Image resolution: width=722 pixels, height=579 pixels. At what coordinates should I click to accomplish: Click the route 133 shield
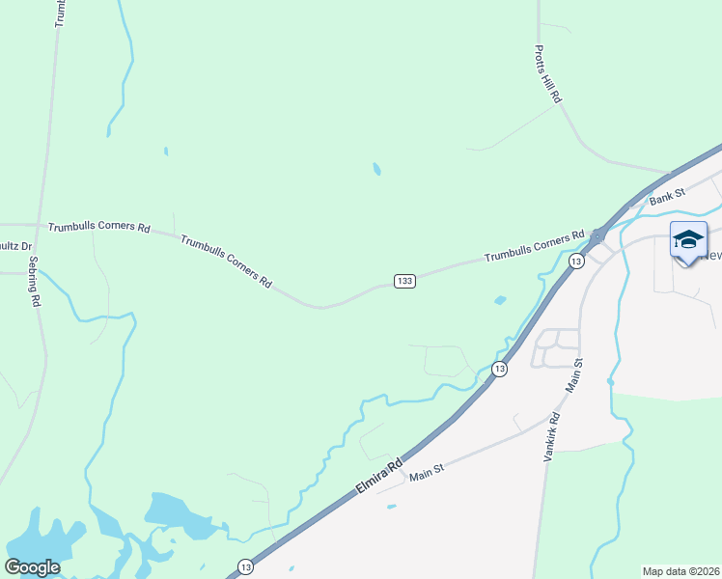[404, 281]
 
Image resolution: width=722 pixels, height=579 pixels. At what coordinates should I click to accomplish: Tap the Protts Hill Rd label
[549, 74]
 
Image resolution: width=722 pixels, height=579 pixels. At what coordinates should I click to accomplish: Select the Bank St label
[666, 198]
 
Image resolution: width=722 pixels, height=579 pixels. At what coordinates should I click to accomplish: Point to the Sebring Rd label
[34, 282]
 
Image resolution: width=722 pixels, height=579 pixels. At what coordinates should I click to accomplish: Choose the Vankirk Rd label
[553, 435]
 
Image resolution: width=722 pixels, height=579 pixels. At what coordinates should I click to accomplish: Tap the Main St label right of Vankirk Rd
[578, 374]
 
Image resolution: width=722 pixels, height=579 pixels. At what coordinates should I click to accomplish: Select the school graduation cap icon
[688, 240]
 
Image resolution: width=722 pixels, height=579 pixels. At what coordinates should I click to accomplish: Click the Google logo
[32, 567]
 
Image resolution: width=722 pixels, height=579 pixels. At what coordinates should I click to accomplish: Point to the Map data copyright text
[681, 571]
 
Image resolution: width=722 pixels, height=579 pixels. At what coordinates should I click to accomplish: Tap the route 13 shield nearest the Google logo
[246, 566]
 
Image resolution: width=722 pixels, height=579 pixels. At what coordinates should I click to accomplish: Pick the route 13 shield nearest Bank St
[576, 262]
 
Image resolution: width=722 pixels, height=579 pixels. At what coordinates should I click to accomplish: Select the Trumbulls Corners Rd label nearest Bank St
[535, 247]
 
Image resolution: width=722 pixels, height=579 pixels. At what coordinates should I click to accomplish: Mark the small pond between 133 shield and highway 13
[500, 300]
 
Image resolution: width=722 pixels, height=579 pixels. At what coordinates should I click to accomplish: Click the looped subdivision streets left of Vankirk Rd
[556, 348]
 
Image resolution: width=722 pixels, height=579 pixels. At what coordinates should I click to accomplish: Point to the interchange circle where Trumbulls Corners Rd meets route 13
[598, 234]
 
